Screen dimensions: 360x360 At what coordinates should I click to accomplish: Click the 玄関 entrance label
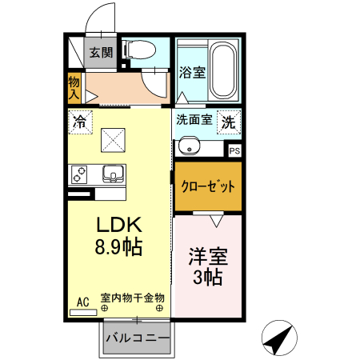tap(101, 54)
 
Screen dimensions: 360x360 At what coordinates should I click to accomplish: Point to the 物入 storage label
tap(74, 87)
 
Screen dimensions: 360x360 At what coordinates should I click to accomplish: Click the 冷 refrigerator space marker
tap(79, 122)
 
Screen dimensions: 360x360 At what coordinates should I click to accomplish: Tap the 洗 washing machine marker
tap(229, 123)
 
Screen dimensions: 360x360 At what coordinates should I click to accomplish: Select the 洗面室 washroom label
tap(194, 122)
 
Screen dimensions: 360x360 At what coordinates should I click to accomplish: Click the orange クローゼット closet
tap(208, 186)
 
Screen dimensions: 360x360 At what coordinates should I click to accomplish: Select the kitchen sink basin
tap(111, 174)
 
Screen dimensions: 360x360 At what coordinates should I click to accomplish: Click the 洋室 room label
tap(207, 257)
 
